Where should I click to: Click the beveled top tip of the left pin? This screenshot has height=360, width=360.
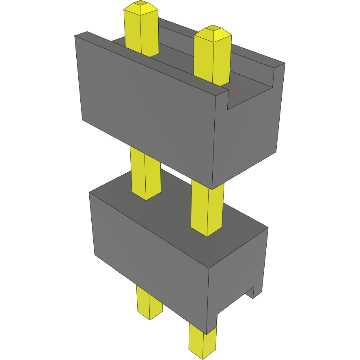140,7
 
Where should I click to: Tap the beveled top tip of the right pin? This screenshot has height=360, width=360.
213,32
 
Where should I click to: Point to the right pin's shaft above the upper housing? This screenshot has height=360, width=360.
212,61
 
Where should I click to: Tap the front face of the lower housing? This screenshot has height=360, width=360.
150,260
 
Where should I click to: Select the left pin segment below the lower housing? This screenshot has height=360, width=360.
149,302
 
